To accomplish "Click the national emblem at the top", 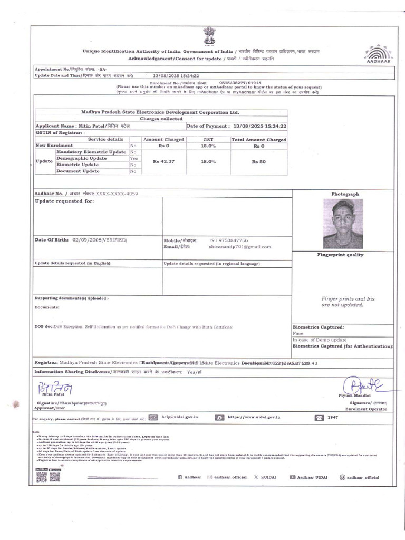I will coord(207,37).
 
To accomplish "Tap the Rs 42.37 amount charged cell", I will coord(163,161).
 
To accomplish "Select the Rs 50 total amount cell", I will coord(258,161).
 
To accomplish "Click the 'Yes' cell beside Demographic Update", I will coord(134,158).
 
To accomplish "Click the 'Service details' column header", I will coord(105,139).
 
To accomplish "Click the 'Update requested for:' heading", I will coord(64,201).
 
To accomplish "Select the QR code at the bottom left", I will coord(42,477).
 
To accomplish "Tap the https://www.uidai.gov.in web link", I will coord(254,417).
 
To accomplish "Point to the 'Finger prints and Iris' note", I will coord(342,298).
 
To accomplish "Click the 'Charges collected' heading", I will coord(161,119).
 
